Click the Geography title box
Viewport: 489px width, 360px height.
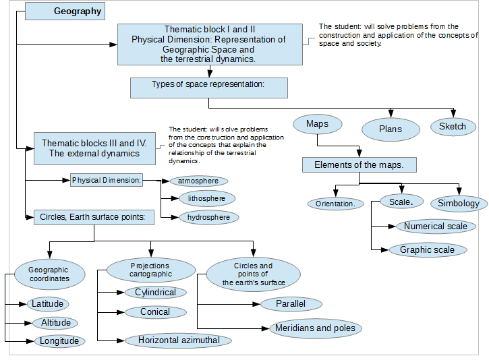(65, 11)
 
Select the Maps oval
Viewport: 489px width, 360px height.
(318, 124)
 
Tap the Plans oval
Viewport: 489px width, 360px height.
(391, 129)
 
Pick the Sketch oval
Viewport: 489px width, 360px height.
(453, 127)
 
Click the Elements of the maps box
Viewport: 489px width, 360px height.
(359, 165)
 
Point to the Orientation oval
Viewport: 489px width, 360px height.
(336, 204)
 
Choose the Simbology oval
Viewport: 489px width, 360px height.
(459, 204)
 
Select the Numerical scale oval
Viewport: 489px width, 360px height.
(436, 227)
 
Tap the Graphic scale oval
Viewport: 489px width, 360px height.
(428, 250)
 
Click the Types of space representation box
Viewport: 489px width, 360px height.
(209, 88)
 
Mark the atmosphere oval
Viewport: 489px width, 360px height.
(199, 181)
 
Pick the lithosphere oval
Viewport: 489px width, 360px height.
(207, 199)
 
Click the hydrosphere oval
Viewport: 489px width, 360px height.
(209, 217)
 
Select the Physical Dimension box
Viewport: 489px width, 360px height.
(107, 180)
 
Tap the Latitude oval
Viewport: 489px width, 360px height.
(48, 304)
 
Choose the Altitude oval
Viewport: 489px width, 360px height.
(55, 323)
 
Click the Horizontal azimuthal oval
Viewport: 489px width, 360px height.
(178, 340)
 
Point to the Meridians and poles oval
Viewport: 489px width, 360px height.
(316, 328)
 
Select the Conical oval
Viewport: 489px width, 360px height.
(156, 312)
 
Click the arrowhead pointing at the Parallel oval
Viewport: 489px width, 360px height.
(256, 304)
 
